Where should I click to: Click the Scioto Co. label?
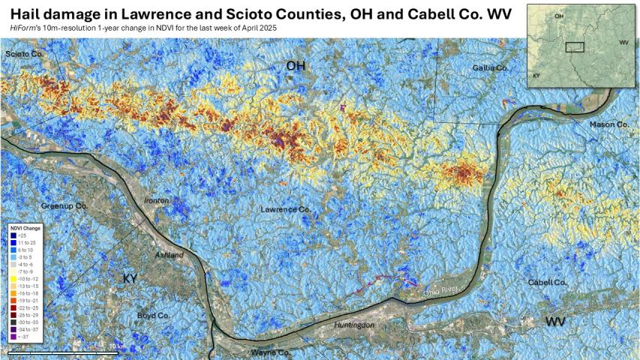point(25,55)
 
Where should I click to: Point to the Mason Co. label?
point(608,124)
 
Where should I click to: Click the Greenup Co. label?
point(65,205)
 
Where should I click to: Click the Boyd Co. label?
point(153,316)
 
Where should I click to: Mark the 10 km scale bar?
point(64,352)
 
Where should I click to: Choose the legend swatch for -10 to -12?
point(14,279)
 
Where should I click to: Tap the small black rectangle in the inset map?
point(574,46)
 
